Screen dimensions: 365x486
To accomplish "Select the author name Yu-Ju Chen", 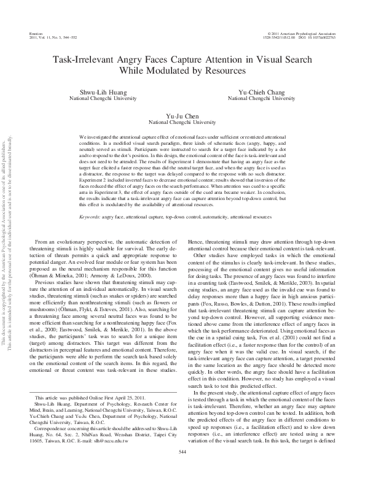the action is coord(183,115).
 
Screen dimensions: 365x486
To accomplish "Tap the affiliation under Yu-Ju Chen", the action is coord(183,122).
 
